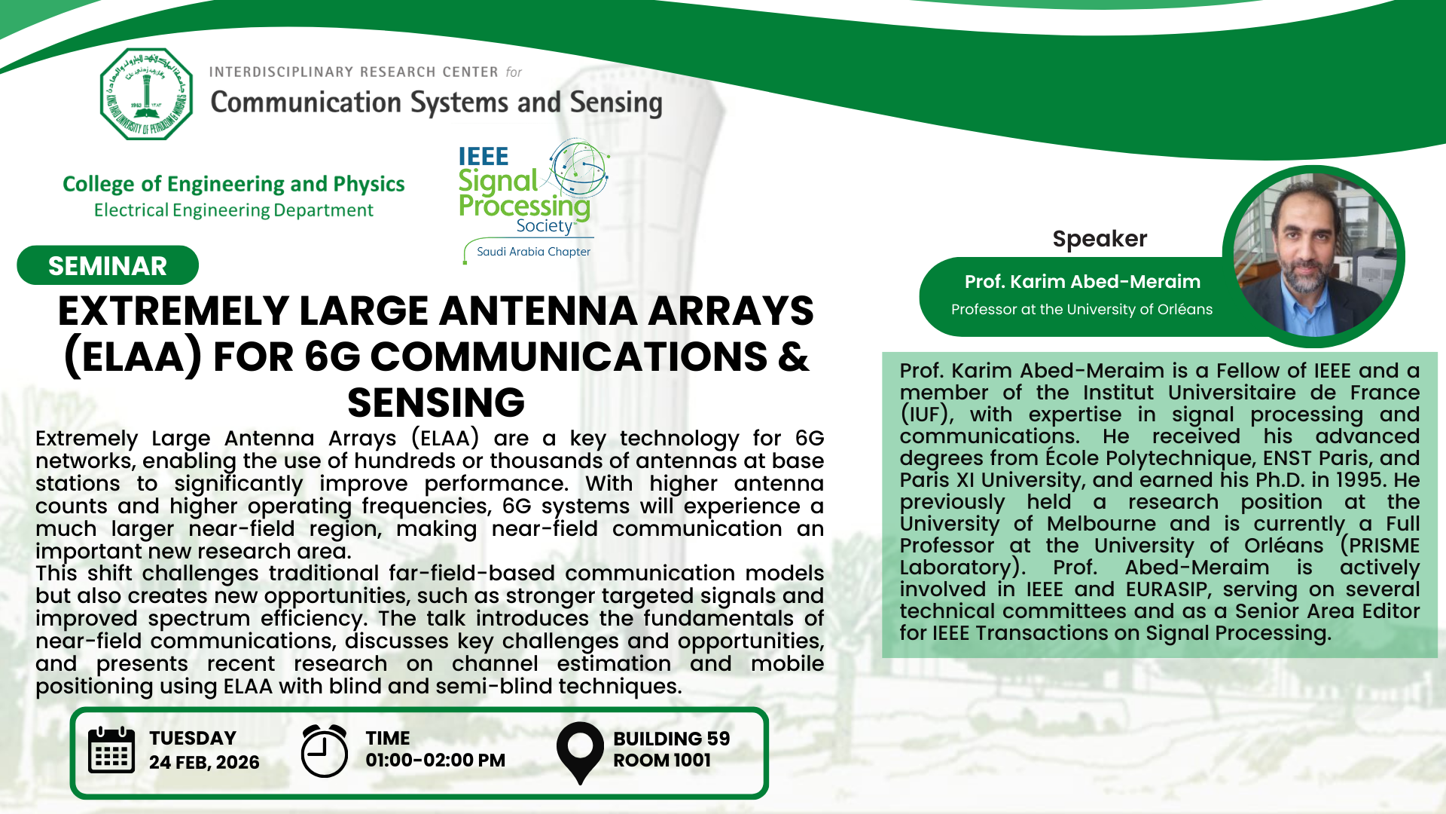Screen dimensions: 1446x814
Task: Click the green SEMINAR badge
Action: (x=108, y=265)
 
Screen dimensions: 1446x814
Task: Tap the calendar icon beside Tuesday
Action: (x=111, y=750)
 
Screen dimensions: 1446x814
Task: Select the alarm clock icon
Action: (x=324, y=751)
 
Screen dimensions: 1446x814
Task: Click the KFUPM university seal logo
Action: (x=147, y=94)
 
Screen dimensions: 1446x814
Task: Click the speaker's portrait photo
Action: (x=1313, y=256)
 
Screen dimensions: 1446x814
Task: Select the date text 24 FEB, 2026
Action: (x=204, y=763)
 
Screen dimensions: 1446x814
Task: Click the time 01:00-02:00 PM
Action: (x=435, y=760)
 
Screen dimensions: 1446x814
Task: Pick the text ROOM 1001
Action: (x=662, y=760)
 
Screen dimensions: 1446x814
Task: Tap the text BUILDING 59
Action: (x=672, y=739)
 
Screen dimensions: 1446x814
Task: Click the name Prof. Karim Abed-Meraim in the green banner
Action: (x=1082, y=282)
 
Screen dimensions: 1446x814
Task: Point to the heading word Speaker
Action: (x=1100, y=239)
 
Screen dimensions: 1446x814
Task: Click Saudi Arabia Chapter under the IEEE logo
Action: (x=533, y=252)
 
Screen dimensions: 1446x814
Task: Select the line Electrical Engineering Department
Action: (x=233, y=210)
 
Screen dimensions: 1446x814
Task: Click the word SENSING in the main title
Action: (x=436, y=402)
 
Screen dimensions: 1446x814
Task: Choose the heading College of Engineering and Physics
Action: (x=233, y=185)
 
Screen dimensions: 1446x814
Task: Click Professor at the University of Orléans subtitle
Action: (x=1081, y=310)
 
